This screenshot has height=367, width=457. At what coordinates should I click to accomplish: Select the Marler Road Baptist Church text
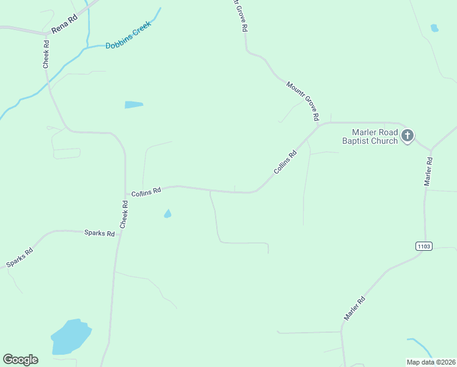click(x=375, y=136)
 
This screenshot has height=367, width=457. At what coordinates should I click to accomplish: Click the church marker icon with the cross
click(x=408, y=136)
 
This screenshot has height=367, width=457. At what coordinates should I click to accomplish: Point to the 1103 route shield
click(x=423, y=246)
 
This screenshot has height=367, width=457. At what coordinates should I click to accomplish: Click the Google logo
click(x=20, y=360)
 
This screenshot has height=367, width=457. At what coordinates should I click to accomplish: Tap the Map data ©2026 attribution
click(x=431, y=361)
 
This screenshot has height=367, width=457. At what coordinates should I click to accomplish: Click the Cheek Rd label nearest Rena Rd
click(x=46, y=54)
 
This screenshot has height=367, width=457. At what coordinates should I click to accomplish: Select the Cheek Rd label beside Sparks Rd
click(x=124, y=215)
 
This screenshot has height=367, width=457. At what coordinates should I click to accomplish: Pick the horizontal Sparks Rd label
click(x=100, y=234)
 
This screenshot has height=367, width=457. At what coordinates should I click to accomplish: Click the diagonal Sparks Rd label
click(x=20, y=256)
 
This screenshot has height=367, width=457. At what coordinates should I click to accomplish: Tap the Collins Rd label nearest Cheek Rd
click(x=145, y=191)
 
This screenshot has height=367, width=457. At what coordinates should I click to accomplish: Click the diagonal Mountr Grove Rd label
click(x=303, y=100)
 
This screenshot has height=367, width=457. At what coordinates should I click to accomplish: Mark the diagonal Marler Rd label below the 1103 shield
click(x=354, y=308)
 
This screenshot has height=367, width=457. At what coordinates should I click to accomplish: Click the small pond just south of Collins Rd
click(x=167, y=213)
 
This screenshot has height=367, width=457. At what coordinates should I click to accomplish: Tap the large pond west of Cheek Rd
click(x=71, y=337)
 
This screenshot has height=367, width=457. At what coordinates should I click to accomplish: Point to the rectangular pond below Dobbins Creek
click(x=133, y=105)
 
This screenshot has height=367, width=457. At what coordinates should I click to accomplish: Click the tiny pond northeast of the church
click(x=434, y=28)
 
